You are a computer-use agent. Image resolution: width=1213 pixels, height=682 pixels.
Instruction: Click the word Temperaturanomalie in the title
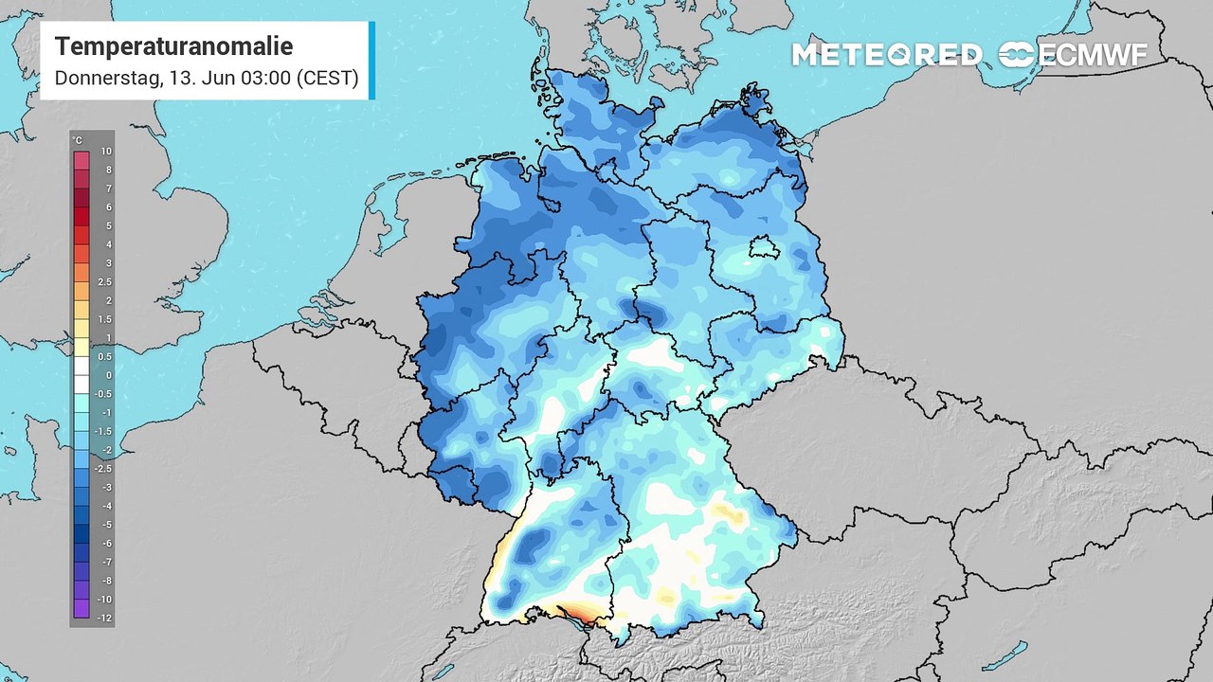click(x=173, y=46)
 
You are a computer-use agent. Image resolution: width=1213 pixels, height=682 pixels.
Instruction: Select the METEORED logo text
click(x=887, y=55)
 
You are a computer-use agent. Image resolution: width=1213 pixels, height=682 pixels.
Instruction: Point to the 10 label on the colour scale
click(x=106, y=152)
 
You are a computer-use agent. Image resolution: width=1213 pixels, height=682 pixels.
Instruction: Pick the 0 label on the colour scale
click(x=107, y=375)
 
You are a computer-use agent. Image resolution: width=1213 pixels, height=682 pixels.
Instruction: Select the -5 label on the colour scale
click(x=106, y=524)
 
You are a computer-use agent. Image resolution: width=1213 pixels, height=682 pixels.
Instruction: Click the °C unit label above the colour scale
click(x=77, y=140)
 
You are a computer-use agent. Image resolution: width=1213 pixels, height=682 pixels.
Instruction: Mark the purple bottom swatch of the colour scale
click(x=81, y=609)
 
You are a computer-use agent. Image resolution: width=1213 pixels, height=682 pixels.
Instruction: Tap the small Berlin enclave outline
click(x=761, y=248)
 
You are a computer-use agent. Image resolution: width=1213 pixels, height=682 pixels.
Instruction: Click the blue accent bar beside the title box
click(x=371, y=61)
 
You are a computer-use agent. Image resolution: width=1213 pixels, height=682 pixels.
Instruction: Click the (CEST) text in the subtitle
click(x=327, y=79)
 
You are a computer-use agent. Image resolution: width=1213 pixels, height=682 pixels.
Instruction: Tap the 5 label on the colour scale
click(x=107, y=225)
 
